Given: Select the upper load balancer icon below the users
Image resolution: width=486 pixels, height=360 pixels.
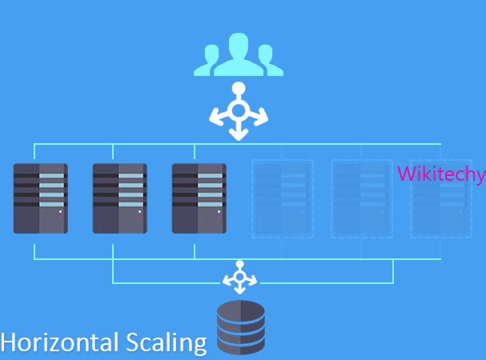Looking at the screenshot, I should click(x=238, y=112).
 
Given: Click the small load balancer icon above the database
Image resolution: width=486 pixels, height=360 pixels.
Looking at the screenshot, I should click(x=239, y=278).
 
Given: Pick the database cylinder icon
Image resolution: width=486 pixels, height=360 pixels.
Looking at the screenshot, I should click(x=240, y=327).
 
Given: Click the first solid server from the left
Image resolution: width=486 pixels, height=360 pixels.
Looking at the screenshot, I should click(x=41, y=198).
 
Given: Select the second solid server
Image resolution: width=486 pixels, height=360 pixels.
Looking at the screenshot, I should click(x=120, y=198).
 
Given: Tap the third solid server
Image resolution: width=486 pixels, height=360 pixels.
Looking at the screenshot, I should click(x=199, y=198).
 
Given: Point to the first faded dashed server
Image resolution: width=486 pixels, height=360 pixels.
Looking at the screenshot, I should click(x=282, y=198).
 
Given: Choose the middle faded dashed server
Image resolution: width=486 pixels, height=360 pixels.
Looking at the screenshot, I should click(x=361, y=198).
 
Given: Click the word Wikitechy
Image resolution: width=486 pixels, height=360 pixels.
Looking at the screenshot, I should click(x=440, y=174).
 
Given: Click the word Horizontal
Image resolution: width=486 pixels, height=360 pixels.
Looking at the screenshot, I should click(x=59, y=342).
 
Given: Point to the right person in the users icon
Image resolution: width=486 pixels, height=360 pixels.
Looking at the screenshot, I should click(x=268, y=61).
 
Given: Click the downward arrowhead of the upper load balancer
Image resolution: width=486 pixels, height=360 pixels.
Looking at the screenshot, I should click(x=238, y=135).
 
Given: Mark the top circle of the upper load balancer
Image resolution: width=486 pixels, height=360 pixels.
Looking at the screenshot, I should click(x=238, y=88).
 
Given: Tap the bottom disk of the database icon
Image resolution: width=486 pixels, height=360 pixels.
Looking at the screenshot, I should click(x=240, y=346).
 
